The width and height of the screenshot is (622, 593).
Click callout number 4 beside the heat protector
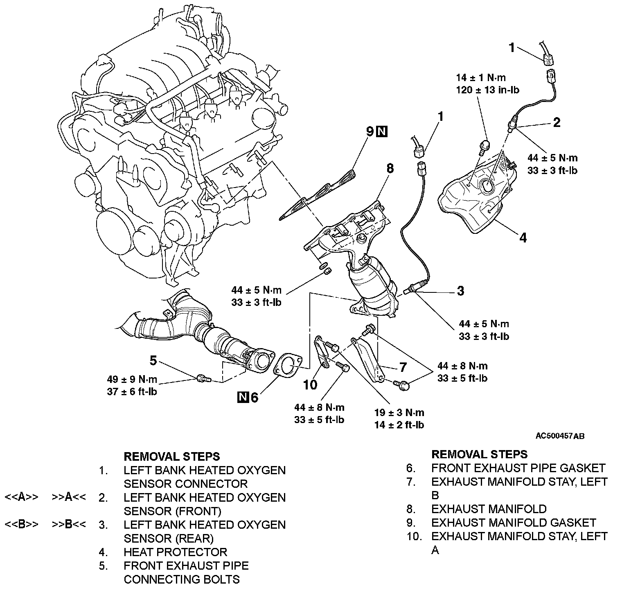pos(523,237)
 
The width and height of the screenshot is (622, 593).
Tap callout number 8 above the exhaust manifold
pos(390,168)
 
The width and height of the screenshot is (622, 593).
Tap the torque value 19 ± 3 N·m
pos(399,412)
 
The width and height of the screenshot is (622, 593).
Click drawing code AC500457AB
pos(560,436)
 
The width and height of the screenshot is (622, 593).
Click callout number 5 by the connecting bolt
pos(153,360)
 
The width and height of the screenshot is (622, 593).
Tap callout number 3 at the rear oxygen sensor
pos(460,291)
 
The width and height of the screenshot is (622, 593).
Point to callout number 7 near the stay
pos(403,367)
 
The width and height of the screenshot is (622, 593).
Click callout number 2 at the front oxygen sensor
pos(557,122)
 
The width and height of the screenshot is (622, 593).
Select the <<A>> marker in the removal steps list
pos(21,497)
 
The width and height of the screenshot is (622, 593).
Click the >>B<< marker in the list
pos(69,525)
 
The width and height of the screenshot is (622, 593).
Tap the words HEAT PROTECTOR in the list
pos(175,552)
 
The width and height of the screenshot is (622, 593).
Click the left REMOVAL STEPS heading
pos(172,456)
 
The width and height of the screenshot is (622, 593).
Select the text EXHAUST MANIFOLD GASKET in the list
pos(514,523)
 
